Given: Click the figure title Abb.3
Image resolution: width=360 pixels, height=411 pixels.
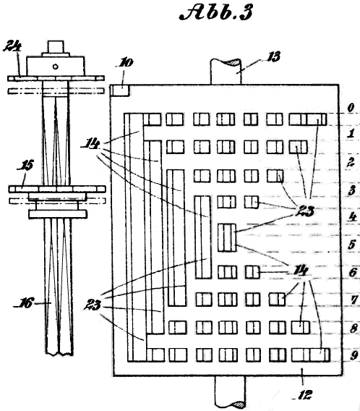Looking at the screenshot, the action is pos(216,13).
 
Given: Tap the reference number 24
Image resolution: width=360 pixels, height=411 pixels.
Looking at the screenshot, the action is pos(12,46).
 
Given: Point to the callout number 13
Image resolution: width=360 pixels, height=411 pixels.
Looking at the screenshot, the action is pos(273,56).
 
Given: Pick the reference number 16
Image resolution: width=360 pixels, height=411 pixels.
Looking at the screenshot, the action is pos(25,302).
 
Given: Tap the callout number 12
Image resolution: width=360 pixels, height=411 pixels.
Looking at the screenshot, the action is pos(304,394).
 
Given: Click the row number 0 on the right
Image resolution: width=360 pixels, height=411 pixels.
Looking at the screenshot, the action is pos(351,108).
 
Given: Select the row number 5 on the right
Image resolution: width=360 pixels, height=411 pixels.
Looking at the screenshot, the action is pos(351,245).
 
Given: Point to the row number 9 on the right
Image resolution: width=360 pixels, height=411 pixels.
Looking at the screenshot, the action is pos(353,355).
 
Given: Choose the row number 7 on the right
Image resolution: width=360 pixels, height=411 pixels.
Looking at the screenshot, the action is pos(354,300).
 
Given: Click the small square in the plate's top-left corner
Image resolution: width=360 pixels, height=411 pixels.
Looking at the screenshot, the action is pos(119,90).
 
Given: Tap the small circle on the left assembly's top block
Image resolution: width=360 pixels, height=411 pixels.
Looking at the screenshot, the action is pos(55,67).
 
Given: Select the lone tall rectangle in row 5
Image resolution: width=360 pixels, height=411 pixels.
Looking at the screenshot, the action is pos(227,238).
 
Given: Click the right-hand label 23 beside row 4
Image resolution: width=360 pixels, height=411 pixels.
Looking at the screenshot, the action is pos(305,211).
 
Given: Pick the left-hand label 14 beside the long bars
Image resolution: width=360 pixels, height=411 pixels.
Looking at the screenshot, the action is pos(90,144).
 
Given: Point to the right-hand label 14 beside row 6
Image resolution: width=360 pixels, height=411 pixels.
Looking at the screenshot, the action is pos(301,270).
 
